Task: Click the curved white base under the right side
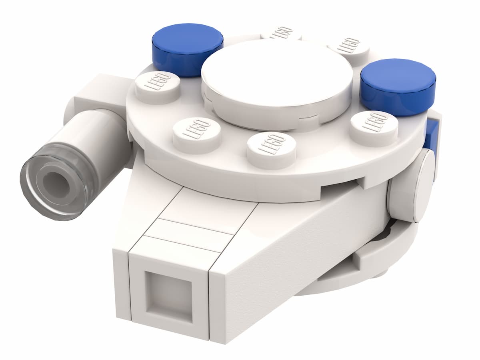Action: tap(360, 276)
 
